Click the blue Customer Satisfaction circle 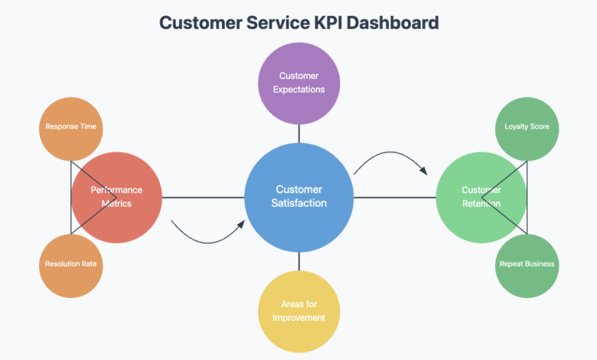click(x=298, y=197)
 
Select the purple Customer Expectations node click(x=298, y=83)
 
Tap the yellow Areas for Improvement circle click(x=298, y=312)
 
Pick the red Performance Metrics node click(x=116, y=197)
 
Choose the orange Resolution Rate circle click(x=70, y=265)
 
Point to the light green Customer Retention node click(x=481, y=197)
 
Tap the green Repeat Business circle click(x=527, y=265)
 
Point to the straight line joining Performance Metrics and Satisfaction click(x=203, y=197)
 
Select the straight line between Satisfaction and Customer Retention click(x=394, y=197)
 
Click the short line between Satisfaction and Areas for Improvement click(x=298, y=262)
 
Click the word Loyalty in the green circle click(x=516, y=127)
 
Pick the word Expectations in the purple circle click(x=298, y=90)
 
